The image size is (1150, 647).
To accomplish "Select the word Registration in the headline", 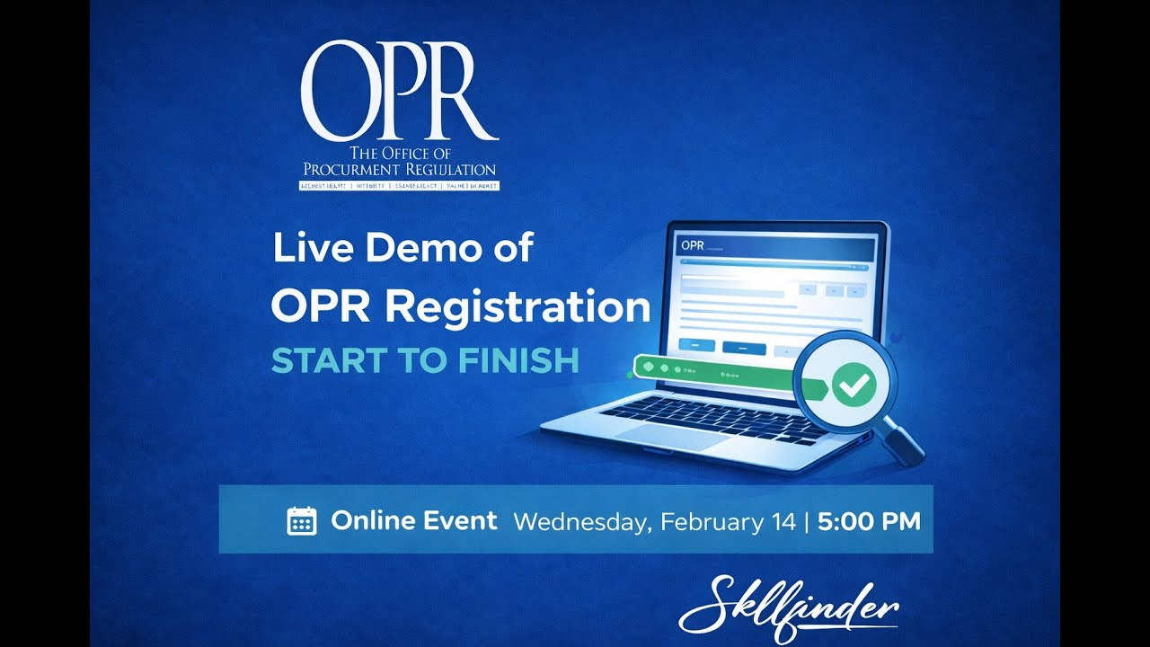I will tap(522, 308).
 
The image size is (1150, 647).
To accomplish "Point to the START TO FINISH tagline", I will tap(425, 360).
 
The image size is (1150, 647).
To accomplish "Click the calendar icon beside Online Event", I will tap(301, 521).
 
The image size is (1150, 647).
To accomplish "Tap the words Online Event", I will tap(413, 520).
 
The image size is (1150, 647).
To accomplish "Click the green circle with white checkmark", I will tap(853, 385).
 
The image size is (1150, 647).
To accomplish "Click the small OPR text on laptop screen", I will tap(692, 244).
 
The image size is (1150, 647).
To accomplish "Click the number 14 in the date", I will tap(783, 521).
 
